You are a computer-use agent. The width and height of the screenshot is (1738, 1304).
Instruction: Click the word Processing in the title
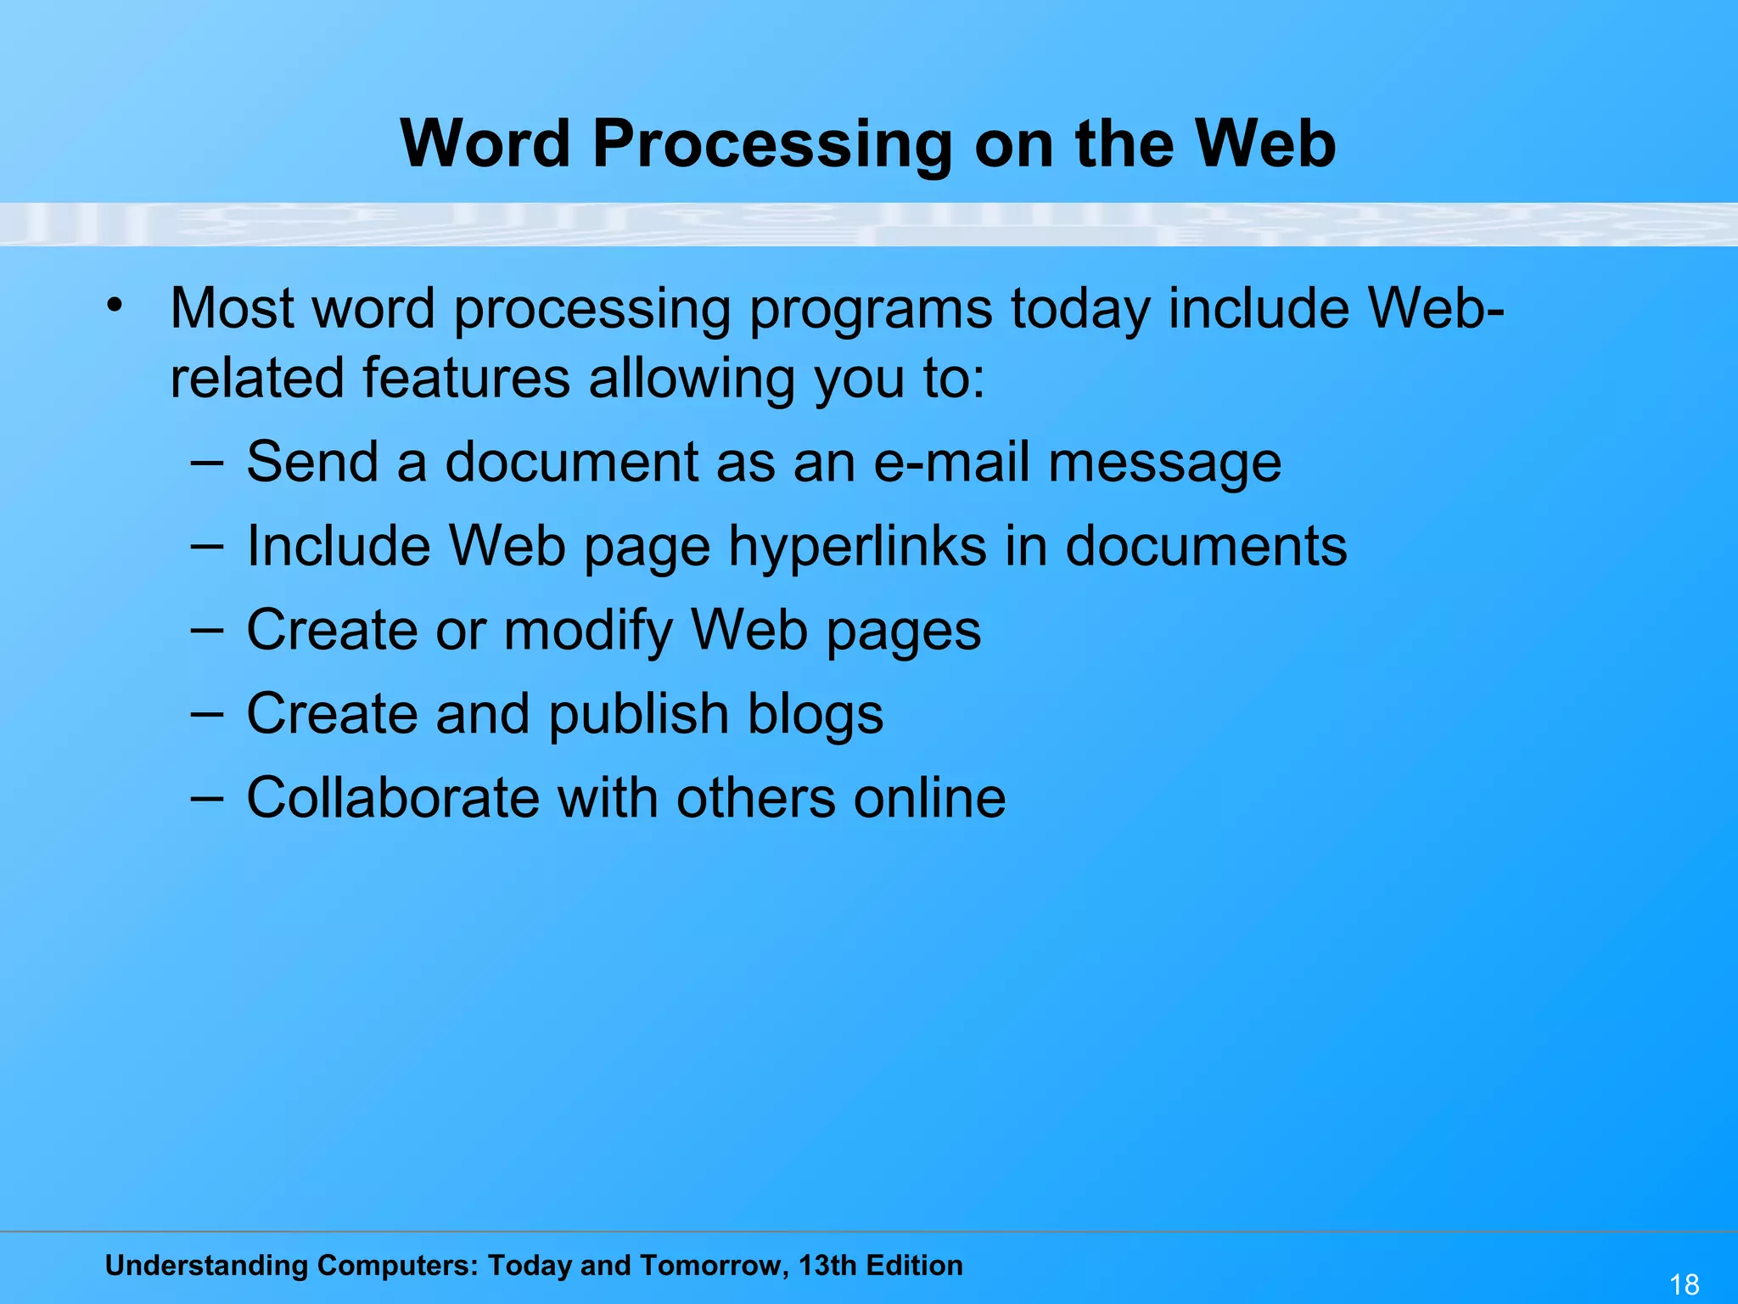click(772, 144)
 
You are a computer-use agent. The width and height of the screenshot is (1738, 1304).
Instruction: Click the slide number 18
click(1685, 1284)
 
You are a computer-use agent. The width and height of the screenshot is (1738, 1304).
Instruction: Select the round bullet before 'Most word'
click(115, 305)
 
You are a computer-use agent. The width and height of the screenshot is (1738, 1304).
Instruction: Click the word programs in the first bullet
click(871, 310)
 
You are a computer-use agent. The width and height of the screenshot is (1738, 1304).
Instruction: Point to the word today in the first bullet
click(1080, 310)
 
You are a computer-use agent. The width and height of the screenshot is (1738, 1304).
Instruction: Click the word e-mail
click(950, 463)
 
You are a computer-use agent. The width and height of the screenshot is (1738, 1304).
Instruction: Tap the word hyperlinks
click(858, 546)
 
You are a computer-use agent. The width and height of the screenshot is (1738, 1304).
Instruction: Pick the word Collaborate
click(392, 798)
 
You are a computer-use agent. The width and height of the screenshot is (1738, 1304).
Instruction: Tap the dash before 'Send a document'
click(207, 463)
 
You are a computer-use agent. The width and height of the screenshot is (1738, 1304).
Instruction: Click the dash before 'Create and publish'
click(207, 714)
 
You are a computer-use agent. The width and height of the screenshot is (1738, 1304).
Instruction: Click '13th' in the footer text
click(827, 1265)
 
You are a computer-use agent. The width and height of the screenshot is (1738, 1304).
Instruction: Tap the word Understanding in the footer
click(206, 1266)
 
